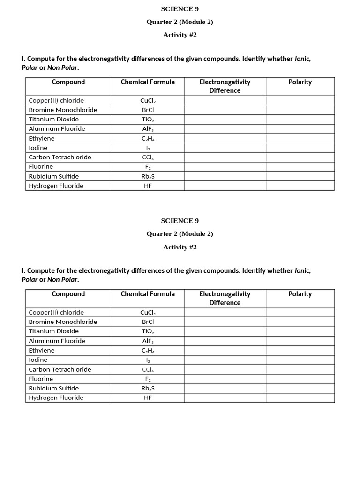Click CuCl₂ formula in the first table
point(148,100)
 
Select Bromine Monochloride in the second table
point(63,322)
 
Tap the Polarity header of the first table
point(300,82)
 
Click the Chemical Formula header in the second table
point(148,294)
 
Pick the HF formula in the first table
point(148,186)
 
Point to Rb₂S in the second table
point(148,388)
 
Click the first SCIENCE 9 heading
point(180,9)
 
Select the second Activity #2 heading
point(180,247)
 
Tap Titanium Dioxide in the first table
point(53,119)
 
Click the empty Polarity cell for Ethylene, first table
point(300,138)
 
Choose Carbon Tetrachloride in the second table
point(60,369)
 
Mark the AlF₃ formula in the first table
point(148,128)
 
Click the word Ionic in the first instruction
point(302,60)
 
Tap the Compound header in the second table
point(68,294)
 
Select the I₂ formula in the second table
point(148,360)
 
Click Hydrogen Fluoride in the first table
point(56,186)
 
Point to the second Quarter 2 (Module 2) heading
point(180,234)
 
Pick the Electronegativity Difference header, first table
point(225,86)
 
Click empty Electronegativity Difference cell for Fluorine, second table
point(225,379)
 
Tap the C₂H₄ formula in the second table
point(148,350)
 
